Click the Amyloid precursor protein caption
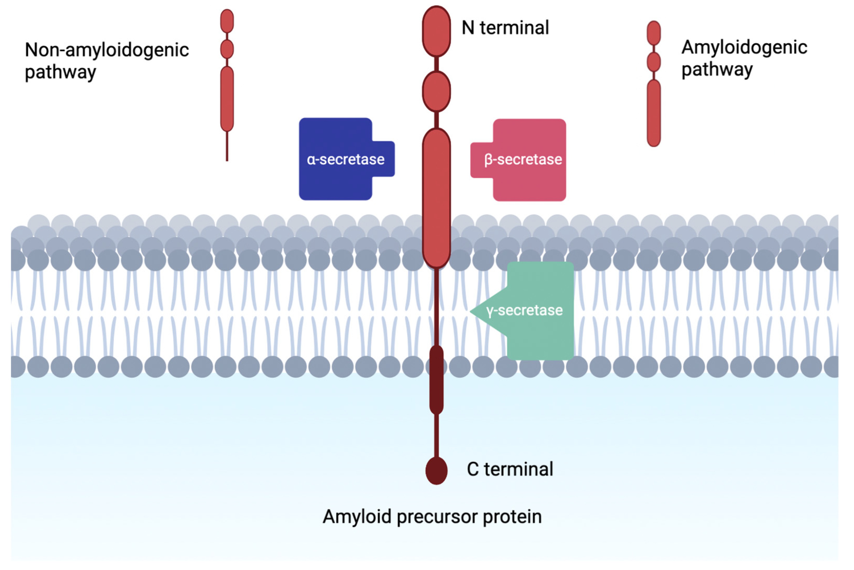(432, 516)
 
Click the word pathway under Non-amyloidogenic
(60, 72)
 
